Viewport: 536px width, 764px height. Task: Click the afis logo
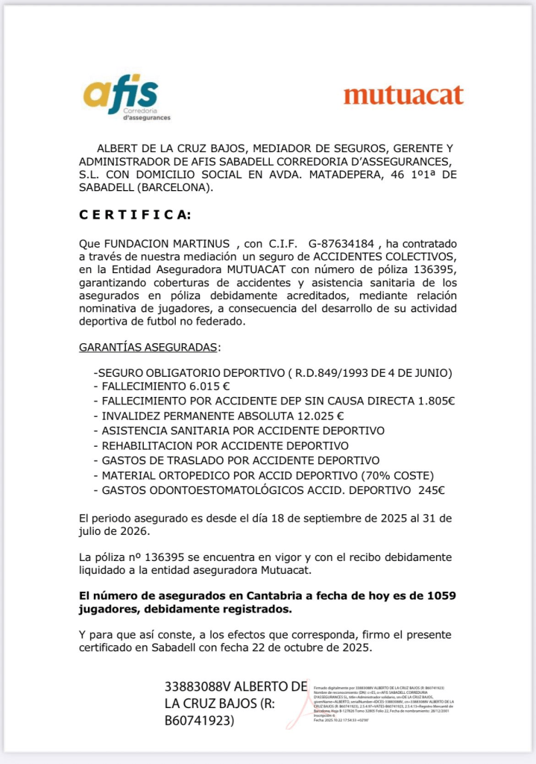click(x=126, y=97)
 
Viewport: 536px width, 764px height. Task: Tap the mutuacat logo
click(x=403, y=95)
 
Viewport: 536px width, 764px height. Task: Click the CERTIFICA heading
click(x=135, y=215)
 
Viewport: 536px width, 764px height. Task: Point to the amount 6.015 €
click(x=209, y=386)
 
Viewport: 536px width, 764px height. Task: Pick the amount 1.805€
click(x=435, y=401)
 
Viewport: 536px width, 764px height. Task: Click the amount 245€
click(x=430, y=489)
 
